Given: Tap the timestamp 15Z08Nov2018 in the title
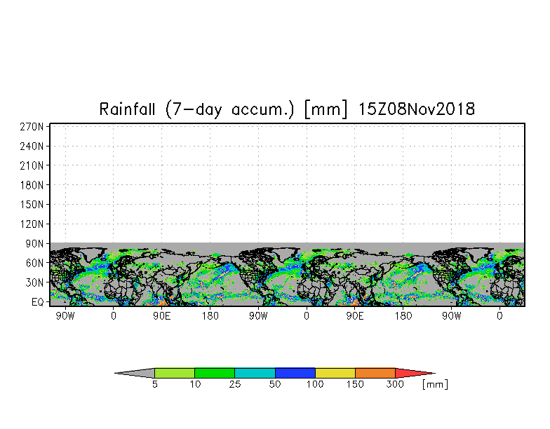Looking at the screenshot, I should pyautogui.click(x=417, y=109).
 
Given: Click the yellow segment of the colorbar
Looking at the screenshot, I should pyautogui.click(x=335, y=374).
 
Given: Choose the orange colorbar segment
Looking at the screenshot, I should pyautogui.click(x=375, y=374).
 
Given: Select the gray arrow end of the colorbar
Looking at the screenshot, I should pyautogui.click(x=135, y=374).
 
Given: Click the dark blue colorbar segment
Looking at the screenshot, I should pyautogui.click(x=295, y=374).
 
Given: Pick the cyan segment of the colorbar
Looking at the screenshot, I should pyautogui.click(x=255, y=374).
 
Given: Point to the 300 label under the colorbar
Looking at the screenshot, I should pyautogui.click(x=396, y=385).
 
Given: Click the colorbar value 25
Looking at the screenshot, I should pyautogui.click(x=234, y=385).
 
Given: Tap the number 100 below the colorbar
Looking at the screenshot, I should pyautogui.click(x=315, y=385).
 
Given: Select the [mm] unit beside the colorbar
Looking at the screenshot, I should pyautogui.click(x=435, y=385).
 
